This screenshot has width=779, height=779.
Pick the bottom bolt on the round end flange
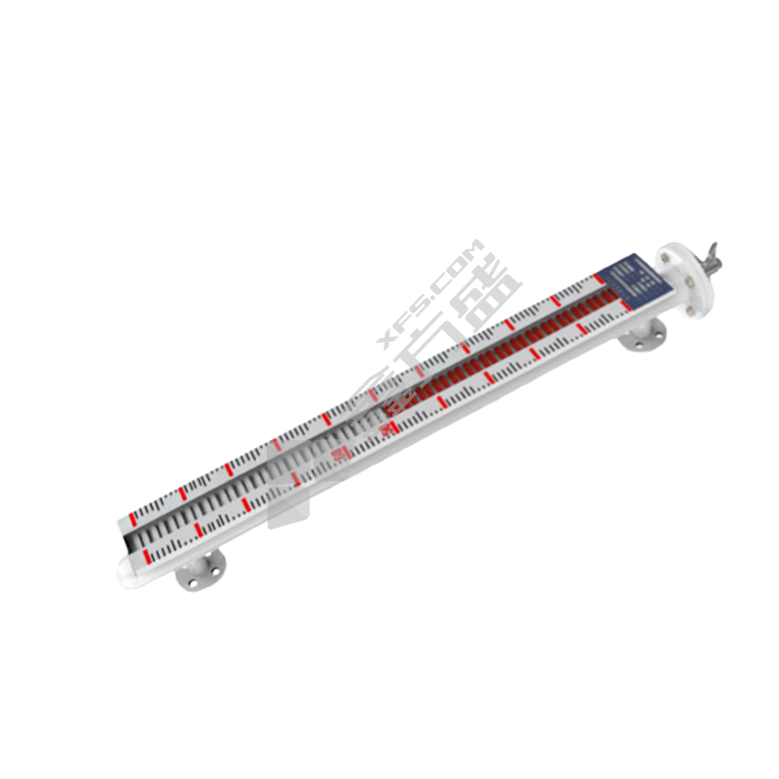click(692, 310)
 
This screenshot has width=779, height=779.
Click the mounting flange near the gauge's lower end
click(201, 572)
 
